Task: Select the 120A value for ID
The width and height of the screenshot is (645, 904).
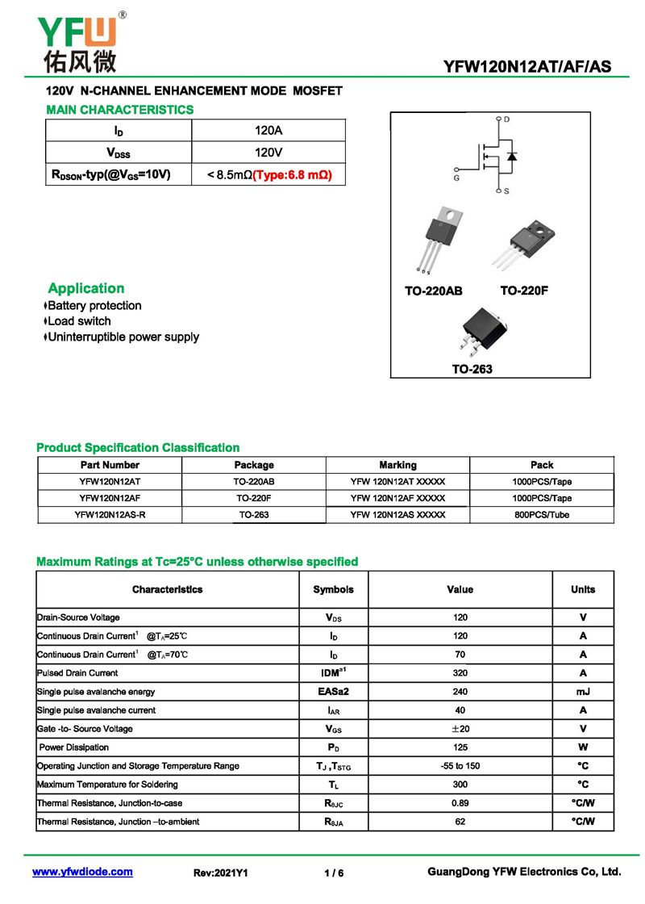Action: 268,131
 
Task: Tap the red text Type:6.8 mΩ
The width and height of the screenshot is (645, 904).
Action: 293,174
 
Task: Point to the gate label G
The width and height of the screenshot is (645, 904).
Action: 457,178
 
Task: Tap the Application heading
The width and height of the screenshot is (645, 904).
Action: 86,288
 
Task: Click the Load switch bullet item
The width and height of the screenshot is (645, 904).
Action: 79,321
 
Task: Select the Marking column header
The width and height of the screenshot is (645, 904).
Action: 397,465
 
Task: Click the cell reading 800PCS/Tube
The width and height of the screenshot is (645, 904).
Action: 542,515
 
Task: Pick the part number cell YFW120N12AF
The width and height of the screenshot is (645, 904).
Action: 110,498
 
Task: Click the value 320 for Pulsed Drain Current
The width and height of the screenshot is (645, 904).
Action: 460,673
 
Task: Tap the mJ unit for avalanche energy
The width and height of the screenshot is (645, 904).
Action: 583,692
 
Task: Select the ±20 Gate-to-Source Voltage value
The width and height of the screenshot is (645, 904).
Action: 460,729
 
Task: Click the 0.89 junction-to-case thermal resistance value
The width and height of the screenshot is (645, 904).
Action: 460,803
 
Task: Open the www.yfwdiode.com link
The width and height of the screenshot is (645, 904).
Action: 82,872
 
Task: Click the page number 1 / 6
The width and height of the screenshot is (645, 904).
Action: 334,873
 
